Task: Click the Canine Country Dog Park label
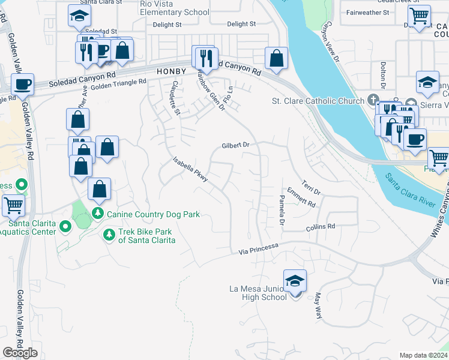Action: tap(153, 214)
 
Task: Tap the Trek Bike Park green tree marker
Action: tap(109, 234)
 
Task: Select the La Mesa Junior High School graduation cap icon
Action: tap(295, 281)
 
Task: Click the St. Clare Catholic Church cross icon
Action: tap(374, 99)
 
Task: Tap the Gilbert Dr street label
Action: tap(235, 145)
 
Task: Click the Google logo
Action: tap(20, 352)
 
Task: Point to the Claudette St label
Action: tap(175, 98)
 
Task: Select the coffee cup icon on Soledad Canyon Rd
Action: tap(22, 85)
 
